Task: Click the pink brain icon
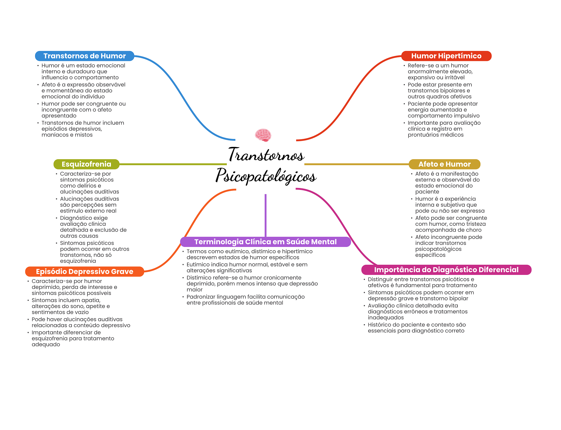pos(263,135)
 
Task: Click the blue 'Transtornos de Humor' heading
pos(84,56)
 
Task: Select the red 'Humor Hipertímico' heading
pos(446,56)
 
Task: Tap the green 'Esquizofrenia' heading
pos(86,164)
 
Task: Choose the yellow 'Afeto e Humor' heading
pos(444,164)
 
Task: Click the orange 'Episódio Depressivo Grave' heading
pos(84,272)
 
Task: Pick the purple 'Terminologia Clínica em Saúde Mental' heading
pos(265,242)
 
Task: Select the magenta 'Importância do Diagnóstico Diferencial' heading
pos(446,270)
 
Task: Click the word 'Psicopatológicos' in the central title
pos(266,176)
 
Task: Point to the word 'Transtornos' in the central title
pos(266,155)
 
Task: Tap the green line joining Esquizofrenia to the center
pos(173,164)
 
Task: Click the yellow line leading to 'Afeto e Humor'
pos(356,164)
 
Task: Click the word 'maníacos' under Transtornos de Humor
pos(53,135)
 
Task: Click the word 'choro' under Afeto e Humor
pos(474,230)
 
